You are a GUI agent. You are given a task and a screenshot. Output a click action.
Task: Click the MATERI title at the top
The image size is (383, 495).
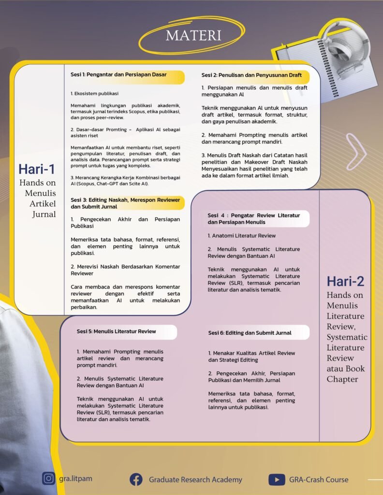point(193,35)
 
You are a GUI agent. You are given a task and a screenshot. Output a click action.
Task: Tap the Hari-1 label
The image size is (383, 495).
point(36,169)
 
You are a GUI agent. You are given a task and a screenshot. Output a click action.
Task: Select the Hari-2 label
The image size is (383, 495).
point(345,281)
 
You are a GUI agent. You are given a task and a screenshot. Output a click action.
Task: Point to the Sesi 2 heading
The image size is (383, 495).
point(251,75)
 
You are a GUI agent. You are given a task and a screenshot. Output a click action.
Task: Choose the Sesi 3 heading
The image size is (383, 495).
point(125,203)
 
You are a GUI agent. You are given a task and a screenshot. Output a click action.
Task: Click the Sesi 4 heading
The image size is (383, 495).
point(254,218)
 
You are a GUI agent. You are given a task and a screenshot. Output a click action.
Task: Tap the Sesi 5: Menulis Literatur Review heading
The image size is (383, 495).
point(116,332)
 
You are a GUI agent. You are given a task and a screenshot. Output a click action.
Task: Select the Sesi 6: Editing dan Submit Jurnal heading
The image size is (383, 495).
point(250,333)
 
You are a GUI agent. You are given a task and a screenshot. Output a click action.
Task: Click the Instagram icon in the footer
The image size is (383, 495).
point(48,479)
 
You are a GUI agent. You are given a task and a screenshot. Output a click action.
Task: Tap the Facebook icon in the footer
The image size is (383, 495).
point(136,480)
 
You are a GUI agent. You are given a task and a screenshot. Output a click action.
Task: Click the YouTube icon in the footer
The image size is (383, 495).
point(276,480)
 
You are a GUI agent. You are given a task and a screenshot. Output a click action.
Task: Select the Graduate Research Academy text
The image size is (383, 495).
point(195,480)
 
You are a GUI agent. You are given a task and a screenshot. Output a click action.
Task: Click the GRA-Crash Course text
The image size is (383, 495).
point(318,480)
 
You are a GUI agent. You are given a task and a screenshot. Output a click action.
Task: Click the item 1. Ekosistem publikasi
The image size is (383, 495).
point(94,93)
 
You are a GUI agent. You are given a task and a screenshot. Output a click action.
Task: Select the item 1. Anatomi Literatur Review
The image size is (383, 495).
point(242,236)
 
